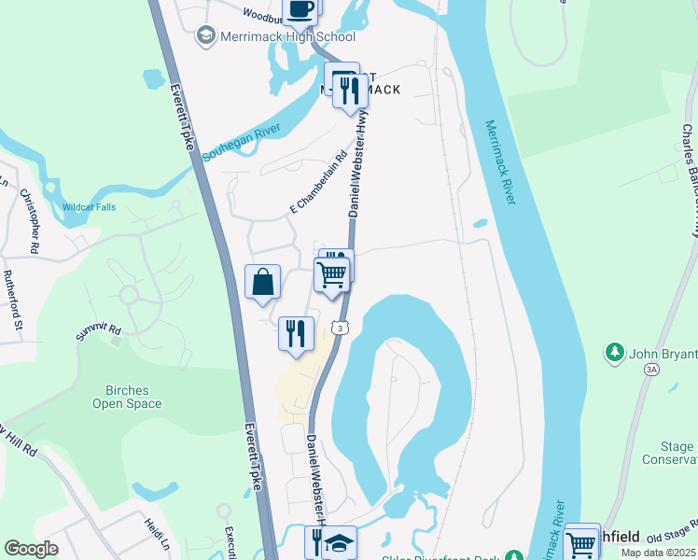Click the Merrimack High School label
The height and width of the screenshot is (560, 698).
coord(287,37)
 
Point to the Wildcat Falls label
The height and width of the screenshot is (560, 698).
coord(89,207)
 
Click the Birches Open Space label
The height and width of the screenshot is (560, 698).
coord(127,397)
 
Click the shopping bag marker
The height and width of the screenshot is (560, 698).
coord(263,281)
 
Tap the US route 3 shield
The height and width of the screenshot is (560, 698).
coord(342,329)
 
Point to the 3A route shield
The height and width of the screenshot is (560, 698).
coord(650,370)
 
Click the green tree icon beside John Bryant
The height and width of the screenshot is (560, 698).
coord(614,352)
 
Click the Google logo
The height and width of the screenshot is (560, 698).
coord(32,549)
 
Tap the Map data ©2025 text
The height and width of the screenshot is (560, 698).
coord(659,553)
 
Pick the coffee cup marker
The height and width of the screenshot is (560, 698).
coord(300,7)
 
